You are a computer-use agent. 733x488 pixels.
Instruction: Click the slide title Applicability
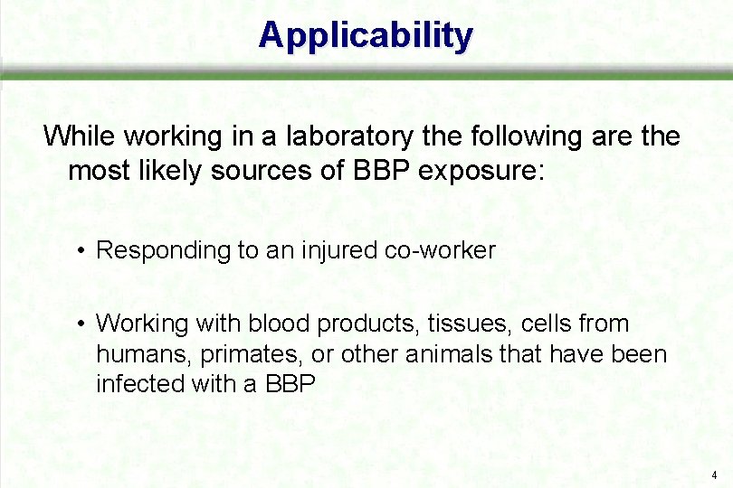(366, 36)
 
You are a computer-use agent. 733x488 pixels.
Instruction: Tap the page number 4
(714, 474)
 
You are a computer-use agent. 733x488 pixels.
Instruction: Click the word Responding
(164, 250)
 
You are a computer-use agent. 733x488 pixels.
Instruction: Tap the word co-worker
(440, 250)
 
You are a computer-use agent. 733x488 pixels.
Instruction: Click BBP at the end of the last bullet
(290, 384)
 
